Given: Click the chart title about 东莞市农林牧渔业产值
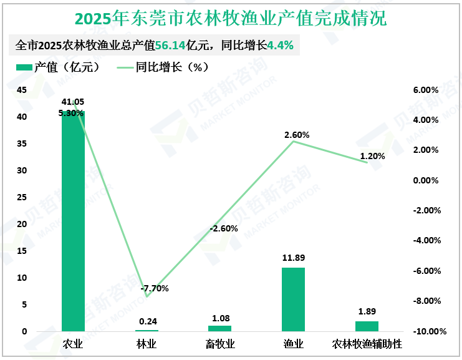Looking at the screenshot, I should [x=231, y=18].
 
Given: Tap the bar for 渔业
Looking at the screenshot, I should [x=293, y=299].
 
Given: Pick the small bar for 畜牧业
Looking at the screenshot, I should [x=219, y=328].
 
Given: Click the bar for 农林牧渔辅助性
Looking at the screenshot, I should [x=367, y=326].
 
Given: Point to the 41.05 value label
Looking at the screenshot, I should [x=73, y=102].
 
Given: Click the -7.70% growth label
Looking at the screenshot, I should [x=155, y=288].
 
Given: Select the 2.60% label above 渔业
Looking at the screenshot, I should [x=296, y=135].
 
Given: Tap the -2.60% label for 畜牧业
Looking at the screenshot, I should [x=224, y=228].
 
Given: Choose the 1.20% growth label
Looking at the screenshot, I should [x=373, y=156].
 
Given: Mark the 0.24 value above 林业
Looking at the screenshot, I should [x=148, y=321].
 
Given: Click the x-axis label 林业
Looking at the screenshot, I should [x=147, y=344].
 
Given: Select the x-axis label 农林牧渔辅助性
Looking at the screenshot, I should [x=367, y=344].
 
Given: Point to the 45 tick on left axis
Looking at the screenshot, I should [x=21, y=90].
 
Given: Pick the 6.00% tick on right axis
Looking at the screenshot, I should [x=426, y=90].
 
